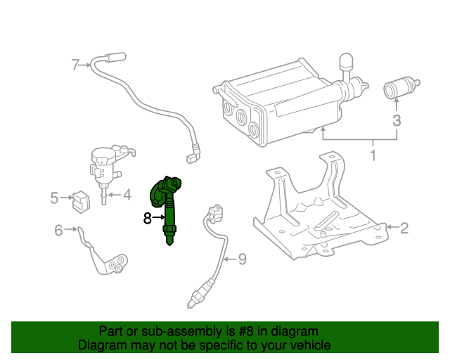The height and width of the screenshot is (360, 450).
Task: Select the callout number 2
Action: (404, 227)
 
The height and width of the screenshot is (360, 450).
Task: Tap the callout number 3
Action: (397, 120)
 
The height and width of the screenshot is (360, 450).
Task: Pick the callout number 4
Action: (127, 195)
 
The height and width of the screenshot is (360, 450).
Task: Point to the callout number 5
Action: (54, 198)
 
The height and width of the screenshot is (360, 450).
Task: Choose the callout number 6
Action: (58, 229)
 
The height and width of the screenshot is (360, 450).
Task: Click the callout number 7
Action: (75, 65)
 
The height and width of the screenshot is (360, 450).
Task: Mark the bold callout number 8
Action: (147, 219)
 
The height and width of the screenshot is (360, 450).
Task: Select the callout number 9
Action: (242, 259)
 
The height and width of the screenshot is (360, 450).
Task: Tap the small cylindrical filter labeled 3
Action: (398, 90)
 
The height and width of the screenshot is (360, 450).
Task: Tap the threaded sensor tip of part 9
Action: (194, 302)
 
